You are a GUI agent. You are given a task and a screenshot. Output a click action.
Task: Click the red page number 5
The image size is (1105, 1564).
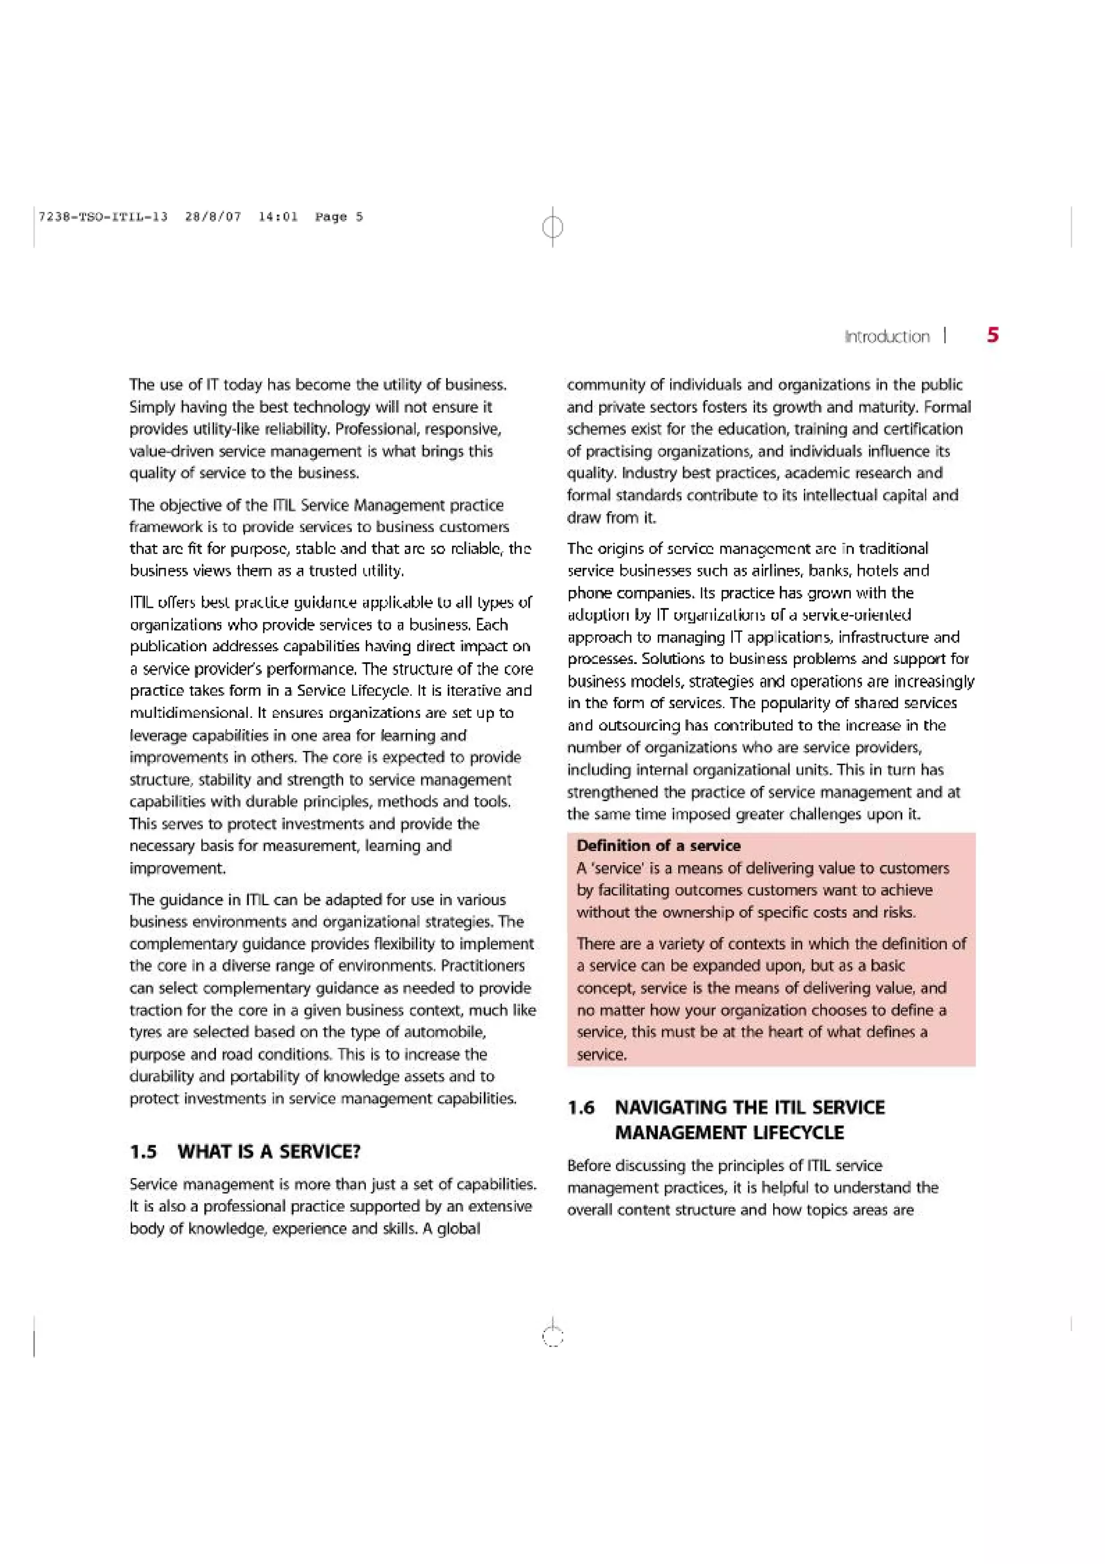[x=993, y=335]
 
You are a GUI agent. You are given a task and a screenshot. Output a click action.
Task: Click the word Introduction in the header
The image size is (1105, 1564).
[x=886, y=337]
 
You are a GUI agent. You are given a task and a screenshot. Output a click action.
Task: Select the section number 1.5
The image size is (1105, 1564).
[x=143, y=1152]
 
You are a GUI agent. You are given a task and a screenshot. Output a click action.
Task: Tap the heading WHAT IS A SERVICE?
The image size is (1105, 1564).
[x=269, y=1152]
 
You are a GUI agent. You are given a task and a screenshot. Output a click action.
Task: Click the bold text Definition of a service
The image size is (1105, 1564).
[x=658, y=845]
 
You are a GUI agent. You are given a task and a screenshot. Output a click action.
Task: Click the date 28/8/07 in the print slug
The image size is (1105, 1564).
[x=213, y=216]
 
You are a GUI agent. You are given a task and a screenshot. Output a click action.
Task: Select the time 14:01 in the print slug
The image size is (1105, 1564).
[x=278, y=216]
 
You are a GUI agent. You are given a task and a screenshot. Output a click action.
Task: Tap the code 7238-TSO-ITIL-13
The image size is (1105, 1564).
[x=103, y=216]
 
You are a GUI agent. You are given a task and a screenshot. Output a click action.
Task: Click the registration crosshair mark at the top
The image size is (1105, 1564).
[x=553, y=226]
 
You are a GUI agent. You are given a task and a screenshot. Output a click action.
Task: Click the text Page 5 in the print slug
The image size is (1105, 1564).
[x=338, y=216]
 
